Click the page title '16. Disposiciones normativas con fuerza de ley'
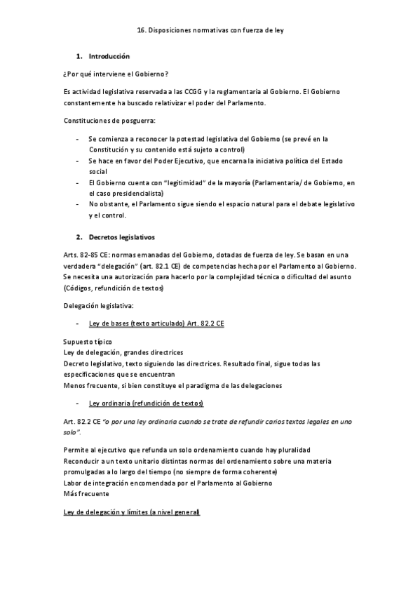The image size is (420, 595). (x=210, y=31)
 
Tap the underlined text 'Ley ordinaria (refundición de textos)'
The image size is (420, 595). (x=146, y=403)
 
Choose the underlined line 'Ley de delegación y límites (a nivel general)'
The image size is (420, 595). (x=132, y=512)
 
